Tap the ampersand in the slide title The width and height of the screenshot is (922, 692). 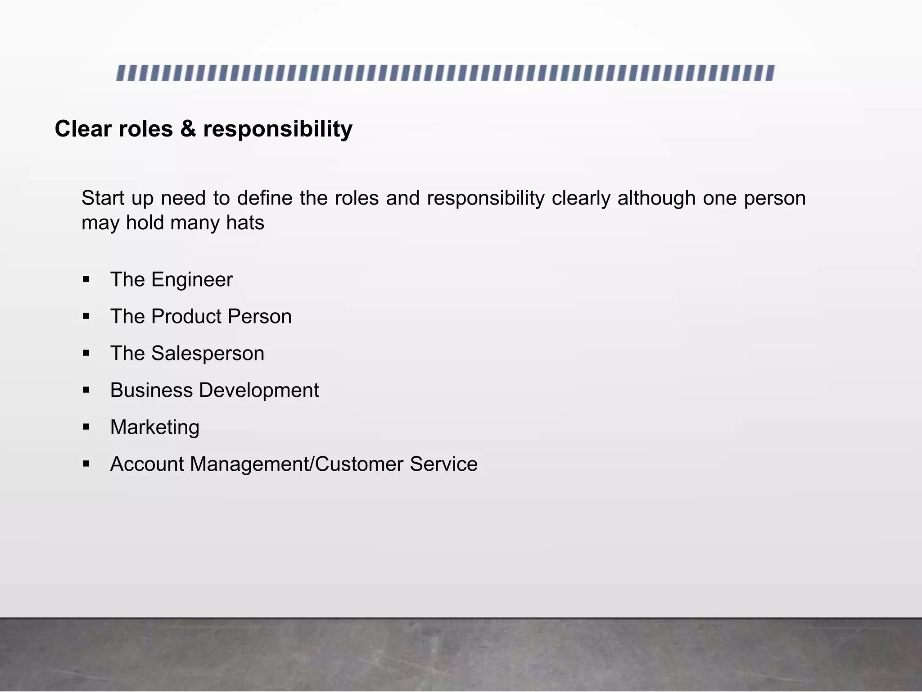188,129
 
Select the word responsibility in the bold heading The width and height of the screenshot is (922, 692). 278,130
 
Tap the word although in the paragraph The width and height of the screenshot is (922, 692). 656,198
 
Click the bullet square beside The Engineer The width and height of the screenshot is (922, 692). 86,280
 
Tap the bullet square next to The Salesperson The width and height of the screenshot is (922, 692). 86,353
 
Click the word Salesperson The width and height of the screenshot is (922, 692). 208,354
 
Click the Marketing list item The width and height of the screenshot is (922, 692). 155,428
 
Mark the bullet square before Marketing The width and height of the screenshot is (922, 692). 86,427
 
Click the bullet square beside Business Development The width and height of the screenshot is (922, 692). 86,390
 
